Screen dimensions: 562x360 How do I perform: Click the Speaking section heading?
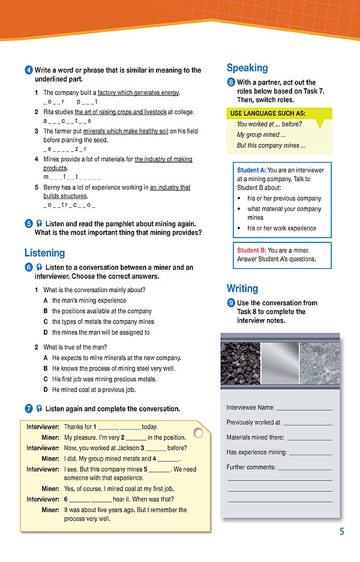(x=247, y=68)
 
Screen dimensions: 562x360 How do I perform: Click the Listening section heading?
(x=44, y=253)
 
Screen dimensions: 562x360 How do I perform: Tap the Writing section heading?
(x=242, y=288)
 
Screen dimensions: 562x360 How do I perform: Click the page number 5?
(x=341, y=531)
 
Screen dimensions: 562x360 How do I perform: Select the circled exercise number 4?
(x=29, y=70)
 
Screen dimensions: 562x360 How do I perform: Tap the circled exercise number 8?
(x=231, y=83)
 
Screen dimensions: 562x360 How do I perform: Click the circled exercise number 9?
(x=231, y=303)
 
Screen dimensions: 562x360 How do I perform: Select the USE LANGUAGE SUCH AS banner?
(x=268, y=113)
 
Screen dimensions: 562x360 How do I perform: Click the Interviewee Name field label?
(x=250, y=408)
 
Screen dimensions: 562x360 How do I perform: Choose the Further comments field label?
(x=251, y=467)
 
